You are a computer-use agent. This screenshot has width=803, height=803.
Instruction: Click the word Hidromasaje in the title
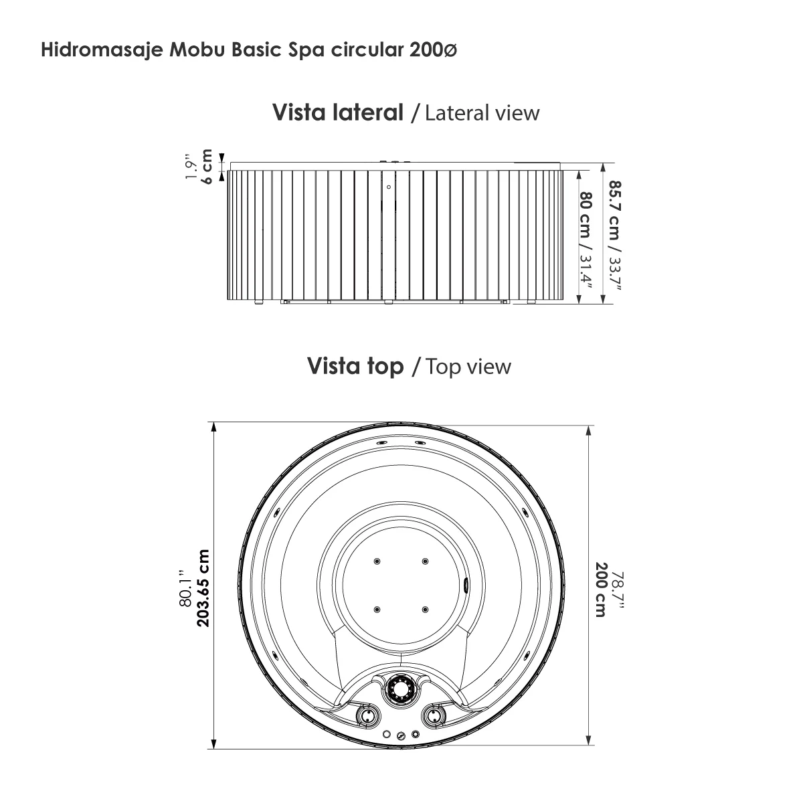click(x=98, y=50)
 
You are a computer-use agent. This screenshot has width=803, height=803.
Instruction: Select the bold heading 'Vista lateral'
click(x=337, y=112)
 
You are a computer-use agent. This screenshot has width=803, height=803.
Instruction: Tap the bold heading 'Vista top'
click(x=355, y=366)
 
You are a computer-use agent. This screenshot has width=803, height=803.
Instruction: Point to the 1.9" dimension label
click(x=191, y=168)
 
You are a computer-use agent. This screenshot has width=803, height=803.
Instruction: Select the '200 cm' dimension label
click(x=600, y=590)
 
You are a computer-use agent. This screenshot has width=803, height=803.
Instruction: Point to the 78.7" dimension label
click(x=618, y=590)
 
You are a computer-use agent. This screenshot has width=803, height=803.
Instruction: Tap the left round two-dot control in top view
click(x=367, y=716)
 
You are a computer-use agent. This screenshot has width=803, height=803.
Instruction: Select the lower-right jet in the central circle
click(x=425, y=609)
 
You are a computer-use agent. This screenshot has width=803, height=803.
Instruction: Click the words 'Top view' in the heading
click(x=468, y=367)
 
